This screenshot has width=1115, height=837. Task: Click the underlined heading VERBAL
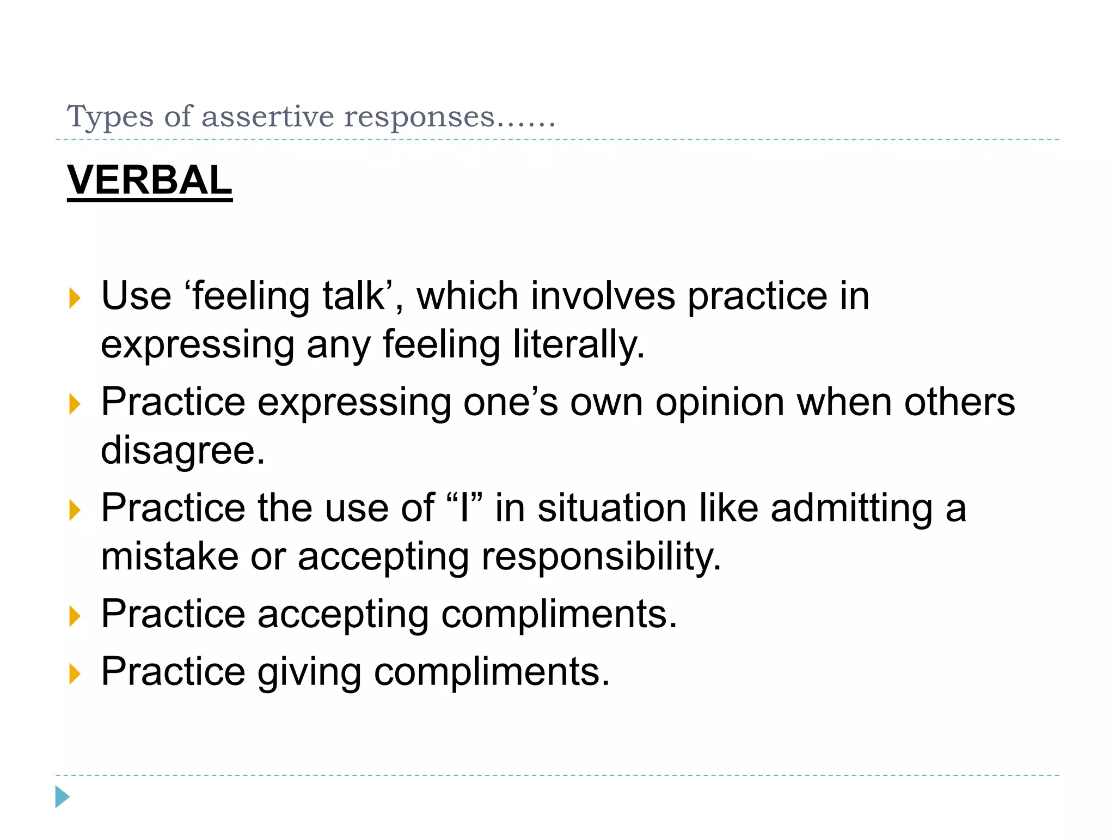pos(149,180)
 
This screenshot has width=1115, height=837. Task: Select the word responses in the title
pos(419,117)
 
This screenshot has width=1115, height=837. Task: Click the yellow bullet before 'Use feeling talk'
pos(75,299)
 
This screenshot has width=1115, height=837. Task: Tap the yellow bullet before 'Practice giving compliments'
pos(75,674)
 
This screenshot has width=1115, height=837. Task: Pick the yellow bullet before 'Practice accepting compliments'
pos(75,616)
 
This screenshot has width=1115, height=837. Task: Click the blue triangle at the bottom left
pos(62,797)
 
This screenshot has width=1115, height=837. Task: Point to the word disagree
pos(183,451)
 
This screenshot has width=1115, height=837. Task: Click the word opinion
pos(720,403)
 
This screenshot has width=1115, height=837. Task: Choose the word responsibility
pos(601,557)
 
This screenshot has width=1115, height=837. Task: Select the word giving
pos(309,672)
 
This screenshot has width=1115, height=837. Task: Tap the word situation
pos(612,508)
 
